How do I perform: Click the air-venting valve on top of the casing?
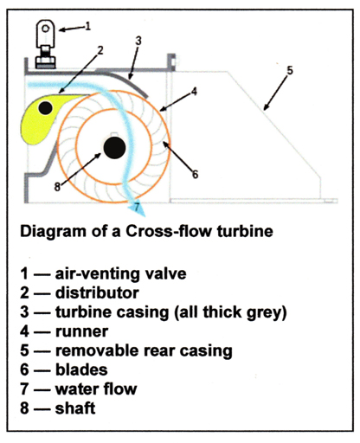(x=46, y=44)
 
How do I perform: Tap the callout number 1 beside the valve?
(x=88, y=26)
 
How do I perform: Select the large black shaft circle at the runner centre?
(x=114, y=148)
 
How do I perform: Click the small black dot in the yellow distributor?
(x=45, y=108)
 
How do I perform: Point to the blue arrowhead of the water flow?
(x=139, y=208)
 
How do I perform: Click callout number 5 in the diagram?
(x=290, y=70)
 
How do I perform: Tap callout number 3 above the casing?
(x=138, y=41)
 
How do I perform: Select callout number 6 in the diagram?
(x=196, y=174)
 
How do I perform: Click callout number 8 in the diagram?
(x=57, y=187)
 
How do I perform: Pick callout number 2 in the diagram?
(x=100, y=50)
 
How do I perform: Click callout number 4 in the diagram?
(x=194, y=92)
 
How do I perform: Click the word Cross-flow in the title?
(x=169, y=231)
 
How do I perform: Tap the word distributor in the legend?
(x=97, y=292)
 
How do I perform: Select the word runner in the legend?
(x=82, y=331)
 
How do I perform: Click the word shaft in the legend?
(x=75, y=408)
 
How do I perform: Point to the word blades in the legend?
(x=81, y=369)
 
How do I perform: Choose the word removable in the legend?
(x=97, y=350)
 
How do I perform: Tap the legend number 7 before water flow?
(x=24, y=389)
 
